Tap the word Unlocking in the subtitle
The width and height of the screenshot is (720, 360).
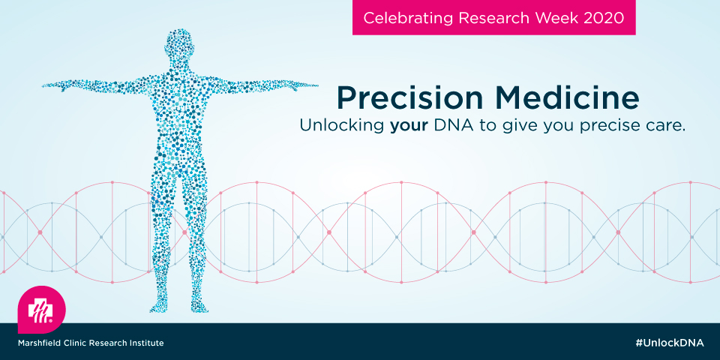pyautogui.click(x=342, y=126)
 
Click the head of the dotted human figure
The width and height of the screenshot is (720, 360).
pyautogui.click(x=179, y=46)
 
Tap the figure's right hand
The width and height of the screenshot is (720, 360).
pyautogui.click(x=54, y=86)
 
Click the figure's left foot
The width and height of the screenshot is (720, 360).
pyautogui.click(x=199, y=307)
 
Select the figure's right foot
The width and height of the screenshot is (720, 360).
pyautogui.click(x=159, y=307)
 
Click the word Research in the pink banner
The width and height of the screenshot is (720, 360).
pyautogui.click(x=490, y=17)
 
